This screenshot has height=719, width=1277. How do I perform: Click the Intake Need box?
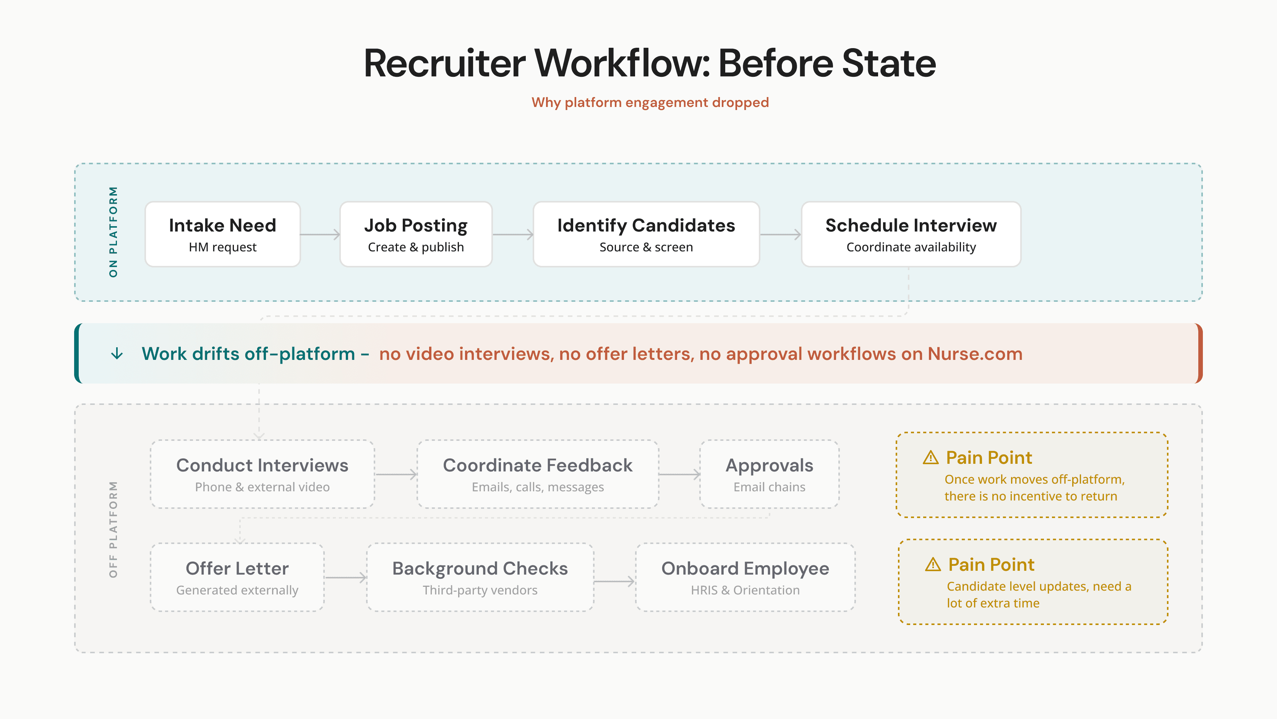tap(223, 234)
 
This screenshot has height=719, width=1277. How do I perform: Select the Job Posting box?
tap(416, 234)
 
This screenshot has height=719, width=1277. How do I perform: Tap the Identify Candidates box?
tap(646, 234)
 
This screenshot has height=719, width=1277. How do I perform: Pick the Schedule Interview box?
tap(911, 234)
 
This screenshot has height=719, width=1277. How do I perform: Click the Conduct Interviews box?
tap(262, 474)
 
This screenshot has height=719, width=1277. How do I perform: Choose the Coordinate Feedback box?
tap(538, 474)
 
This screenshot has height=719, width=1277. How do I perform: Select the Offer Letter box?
tap(237, 577)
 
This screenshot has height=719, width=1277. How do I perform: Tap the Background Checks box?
tap(480, 577)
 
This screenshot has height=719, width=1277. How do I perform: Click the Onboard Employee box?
tap(745, 577)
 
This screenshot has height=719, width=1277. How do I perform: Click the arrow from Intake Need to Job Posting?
tap(320, 234)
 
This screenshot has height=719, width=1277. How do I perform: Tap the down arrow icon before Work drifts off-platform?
tap(117, 354)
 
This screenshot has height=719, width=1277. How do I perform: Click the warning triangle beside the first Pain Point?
tap(930, 457)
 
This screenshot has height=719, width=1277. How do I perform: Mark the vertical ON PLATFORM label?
tap(113, 232)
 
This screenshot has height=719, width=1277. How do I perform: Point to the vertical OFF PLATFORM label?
tap(113, 529)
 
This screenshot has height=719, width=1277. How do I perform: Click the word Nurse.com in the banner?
tap(975, 354)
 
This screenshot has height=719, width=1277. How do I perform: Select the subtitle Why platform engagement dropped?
tap(650, 102)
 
